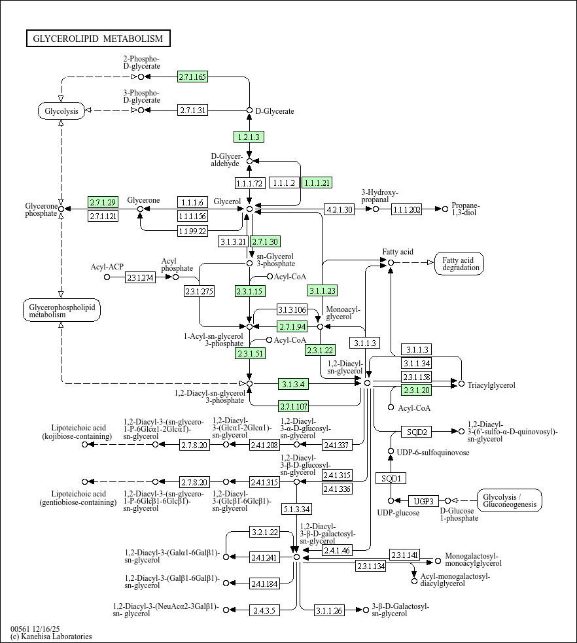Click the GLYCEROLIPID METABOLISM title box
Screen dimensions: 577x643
[x=98, y=39]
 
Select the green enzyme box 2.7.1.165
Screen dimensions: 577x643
[x=193, y=77]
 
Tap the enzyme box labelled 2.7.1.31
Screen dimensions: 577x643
[x=193, y=111]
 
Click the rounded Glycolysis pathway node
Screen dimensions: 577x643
[x=61, y=111]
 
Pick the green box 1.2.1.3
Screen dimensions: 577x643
[x=249, y=137]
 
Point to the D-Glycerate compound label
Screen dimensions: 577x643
[x=275, y=111]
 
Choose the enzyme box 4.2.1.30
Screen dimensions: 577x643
[x=339, y=209]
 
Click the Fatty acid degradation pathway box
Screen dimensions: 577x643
[x=459, y=264]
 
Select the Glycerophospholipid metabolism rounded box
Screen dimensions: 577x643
[x=62, y=311]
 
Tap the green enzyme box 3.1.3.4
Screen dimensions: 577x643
[x=293, y=384]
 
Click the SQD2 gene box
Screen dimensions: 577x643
[x=417, y=432]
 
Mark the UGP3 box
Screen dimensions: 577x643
[x=424, y=501]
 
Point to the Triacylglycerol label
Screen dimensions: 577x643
[x=491, y=385]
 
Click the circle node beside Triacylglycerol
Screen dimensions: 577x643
[x=461, y=384]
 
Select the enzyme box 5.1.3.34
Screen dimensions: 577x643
[x=297, y=510]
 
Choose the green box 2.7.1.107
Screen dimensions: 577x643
[x=293, y=406]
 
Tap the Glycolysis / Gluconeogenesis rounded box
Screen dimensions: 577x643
[x=510, y=500]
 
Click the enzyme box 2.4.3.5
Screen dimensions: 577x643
[x=264, y=610]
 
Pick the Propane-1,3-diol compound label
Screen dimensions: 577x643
[x=465, y=209]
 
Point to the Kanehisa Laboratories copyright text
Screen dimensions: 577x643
[x=51, y=636]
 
